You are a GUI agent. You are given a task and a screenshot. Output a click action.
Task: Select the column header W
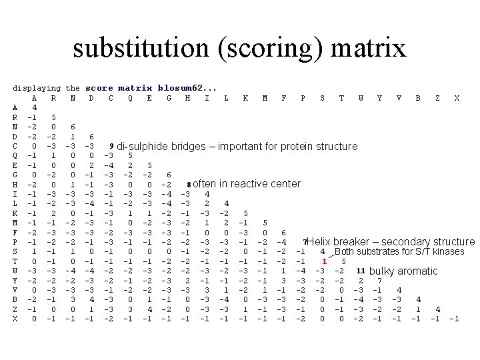361,97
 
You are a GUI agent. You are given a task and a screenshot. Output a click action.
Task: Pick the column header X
456,97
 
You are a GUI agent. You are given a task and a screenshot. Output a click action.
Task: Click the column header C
110,97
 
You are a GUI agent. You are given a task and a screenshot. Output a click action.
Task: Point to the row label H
15,184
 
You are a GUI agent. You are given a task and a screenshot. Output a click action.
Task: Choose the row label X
15,319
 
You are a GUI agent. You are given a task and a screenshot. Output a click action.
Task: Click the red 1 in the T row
323,261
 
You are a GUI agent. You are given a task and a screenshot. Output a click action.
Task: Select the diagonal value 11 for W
360,270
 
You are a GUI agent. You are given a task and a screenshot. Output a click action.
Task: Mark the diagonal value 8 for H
189,184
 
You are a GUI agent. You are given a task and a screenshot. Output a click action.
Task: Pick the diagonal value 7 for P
303,241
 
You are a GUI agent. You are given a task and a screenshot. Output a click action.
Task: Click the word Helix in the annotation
319,241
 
